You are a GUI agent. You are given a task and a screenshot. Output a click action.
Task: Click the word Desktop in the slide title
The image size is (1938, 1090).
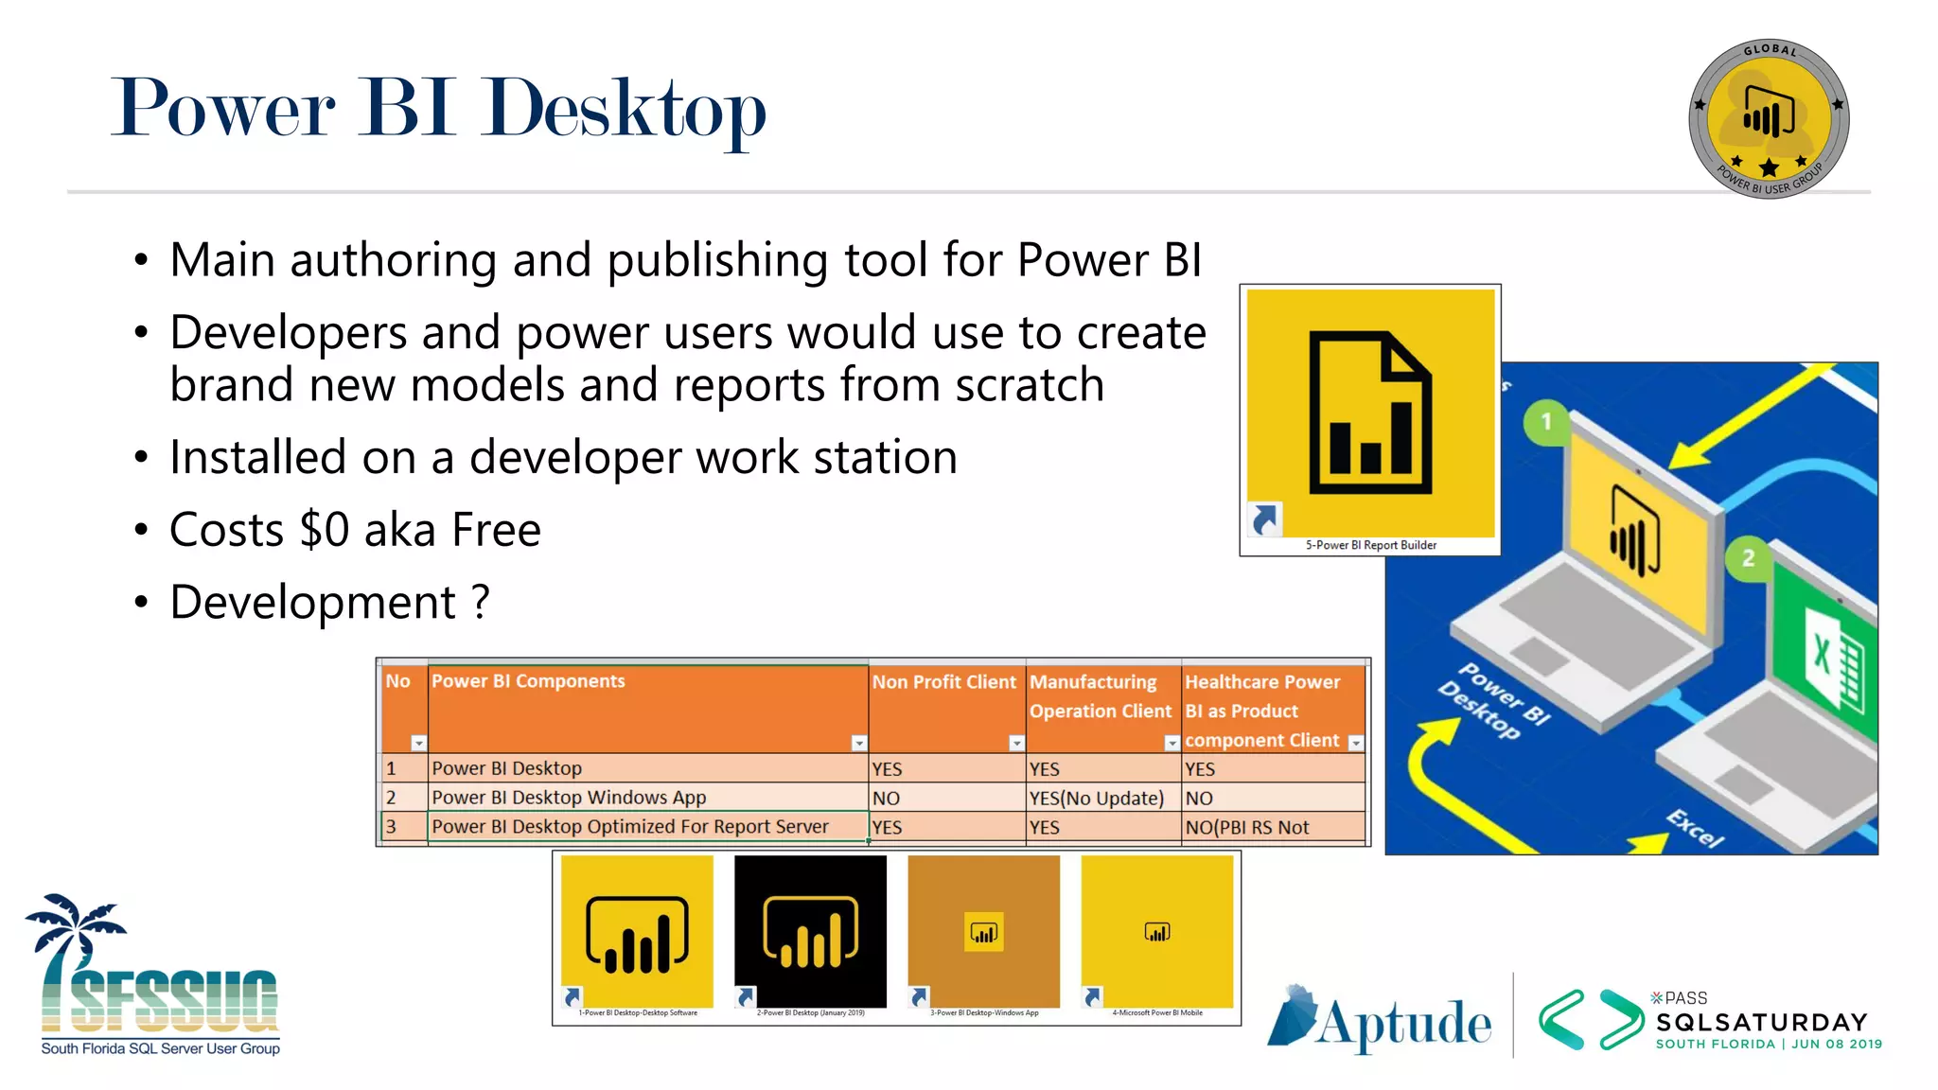coord(625,110)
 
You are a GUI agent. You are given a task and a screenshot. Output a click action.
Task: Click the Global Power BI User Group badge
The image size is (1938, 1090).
coord(1768,119)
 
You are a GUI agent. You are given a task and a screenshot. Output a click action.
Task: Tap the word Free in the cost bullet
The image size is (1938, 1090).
coord(496,530)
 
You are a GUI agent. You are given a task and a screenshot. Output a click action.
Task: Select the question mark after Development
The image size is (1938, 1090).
coord(481,602)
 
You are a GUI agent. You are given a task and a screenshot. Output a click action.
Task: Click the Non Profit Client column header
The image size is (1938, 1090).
coord(943,682)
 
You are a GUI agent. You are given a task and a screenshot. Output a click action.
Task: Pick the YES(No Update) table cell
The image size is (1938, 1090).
coord(1096,799)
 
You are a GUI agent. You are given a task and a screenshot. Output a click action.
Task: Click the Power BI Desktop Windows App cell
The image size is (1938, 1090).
coord(569,798)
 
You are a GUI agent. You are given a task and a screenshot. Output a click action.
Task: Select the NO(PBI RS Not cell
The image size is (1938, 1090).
coord(1246,828)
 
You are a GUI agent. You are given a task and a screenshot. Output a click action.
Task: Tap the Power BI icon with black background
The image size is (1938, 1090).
coord(810,932)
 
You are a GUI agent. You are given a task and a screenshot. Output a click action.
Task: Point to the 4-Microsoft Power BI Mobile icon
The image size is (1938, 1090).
coord(1156,932)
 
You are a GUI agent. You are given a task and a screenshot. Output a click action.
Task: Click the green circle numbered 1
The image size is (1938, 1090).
coord(1546,422)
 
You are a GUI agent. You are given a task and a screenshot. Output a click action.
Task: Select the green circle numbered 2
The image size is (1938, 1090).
coord(1748,558)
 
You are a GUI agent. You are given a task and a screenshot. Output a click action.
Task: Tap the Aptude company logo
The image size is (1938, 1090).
coord(1379,1020)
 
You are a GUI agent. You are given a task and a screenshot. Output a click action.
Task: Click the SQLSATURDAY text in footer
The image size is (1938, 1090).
coord(1761,1023)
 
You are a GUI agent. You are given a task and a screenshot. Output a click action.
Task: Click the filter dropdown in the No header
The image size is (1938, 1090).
coord(418,744)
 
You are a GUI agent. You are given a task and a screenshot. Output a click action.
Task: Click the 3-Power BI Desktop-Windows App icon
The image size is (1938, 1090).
coord(983,932)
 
